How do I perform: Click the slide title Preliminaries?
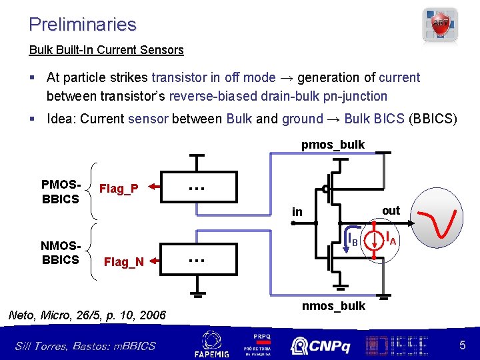pyautogui.click(x=82, y=25)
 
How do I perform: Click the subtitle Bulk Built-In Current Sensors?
pyautogui.click(x=106, y=50)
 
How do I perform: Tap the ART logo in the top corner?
pyautogui.click(x=441, y=25)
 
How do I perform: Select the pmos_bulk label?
pyautogui.click(x=333, y=145)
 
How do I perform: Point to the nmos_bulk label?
pyautogui.click(x=333, y=306)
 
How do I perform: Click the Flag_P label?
pyautogui.click(x=118, y=189)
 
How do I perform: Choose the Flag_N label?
pyautogui.click(x=123, y=262)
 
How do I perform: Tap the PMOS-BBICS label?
pyautogui.click(x=60, y=191)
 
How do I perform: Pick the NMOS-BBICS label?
pyautogui.click(x=60, y=253)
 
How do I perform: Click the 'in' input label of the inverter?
pyautogui.click(x=297, y=212)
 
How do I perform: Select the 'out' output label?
pyautogui.click(x=391, y=211)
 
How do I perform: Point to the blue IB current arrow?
pyautogui.click(x=347, y=239)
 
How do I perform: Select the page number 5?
pyautogui.click(x=462, y=345)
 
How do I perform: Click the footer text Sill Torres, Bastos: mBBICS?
pyautogui.click(x=85, y=345)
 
